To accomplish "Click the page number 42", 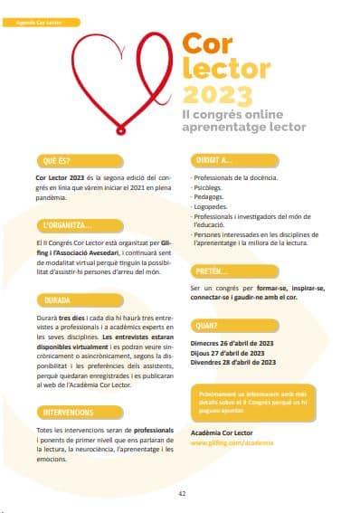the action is pos(182,493).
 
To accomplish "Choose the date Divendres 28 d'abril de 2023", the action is pos(233,362).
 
